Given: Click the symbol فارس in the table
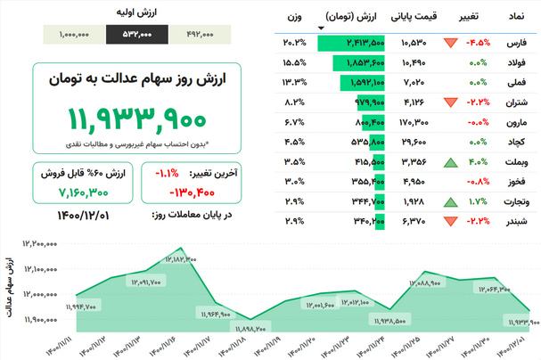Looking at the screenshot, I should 516,42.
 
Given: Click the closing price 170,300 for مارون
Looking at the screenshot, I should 415,122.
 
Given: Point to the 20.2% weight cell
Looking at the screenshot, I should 295,42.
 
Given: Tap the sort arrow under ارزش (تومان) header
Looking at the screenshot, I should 321,29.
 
